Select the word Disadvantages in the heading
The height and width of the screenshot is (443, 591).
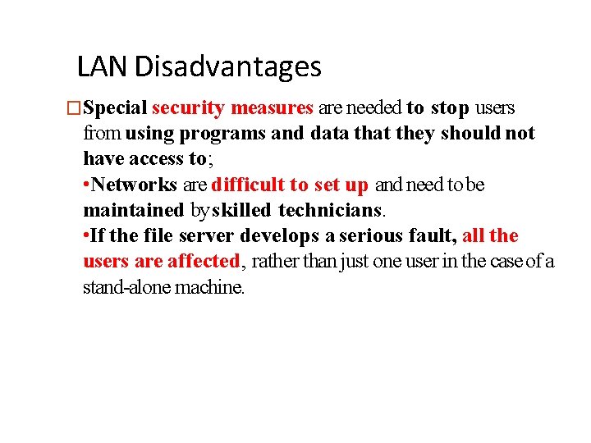tap(228, 66)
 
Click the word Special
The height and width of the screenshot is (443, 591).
tap(115, 108)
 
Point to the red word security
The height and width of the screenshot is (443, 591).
tap(188, 107)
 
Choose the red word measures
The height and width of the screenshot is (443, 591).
tap(272, 107)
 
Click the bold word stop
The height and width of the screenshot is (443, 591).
tap(451, 107)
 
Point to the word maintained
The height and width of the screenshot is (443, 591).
tap(134, 211)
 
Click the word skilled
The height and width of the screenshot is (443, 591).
tap(242, 211)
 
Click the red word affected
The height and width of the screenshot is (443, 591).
tap(203, 262)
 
